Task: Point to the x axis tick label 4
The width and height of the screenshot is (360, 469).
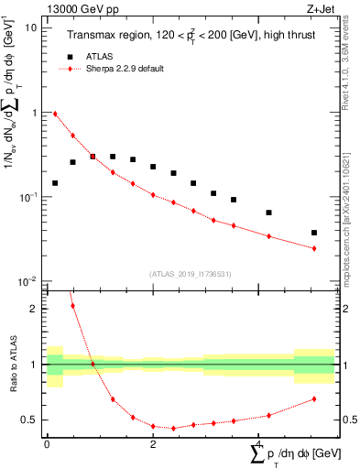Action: (x=259, y=443)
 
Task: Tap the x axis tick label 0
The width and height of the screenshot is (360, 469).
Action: (x=47, y=443)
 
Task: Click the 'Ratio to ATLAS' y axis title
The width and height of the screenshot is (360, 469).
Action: (x=12, y=365)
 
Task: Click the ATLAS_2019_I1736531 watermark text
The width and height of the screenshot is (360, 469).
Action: (x=191, y=274)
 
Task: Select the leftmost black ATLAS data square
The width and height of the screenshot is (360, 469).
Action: (x=55, y=183)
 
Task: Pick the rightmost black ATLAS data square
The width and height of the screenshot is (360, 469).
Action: (x=314, y=233)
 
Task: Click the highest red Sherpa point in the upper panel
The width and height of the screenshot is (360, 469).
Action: (x=55, y=114)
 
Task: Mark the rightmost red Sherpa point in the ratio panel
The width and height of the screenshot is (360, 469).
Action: (x=314, y=398)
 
